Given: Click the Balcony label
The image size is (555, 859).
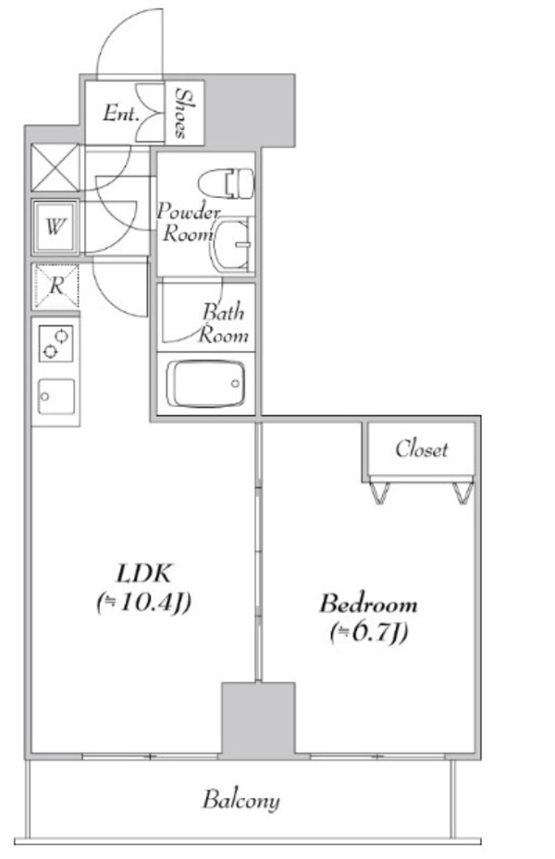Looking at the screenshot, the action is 241,801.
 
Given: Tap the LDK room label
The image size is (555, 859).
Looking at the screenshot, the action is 144,573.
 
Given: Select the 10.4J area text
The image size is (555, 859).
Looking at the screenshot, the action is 143,603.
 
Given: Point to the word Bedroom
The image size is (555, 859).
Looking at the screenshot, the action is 368,604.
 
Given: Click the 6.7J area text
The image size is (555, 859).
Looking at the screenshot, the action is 369,633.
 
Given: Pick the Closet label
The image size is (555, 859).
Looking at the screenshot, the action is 421,449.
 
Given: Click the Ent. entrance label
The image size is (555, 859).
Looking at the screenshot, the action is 120,114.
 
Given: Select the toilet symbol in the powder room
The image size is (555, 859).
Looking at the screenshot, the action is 227,183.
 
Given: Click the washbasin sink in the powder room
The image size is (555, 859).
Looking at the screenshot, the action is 233,244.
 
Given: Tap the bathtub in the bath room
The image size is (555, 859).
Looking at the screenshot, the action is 205,384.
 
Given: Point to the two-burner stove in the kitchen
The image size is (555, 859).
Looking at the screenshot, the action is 55,343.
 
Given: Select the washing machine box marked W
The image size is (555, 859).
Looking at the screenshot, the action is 55,227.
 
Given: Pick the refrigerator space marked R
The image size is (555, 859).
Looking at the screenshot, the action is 55,286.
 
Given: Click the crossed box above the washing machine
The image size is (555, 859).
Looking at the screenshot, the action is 55,167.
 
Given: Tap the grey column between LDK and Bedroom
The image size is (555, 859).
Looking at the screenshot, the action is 258,720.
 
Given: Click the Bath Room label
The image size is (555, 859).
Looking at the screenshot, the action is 224,324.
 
